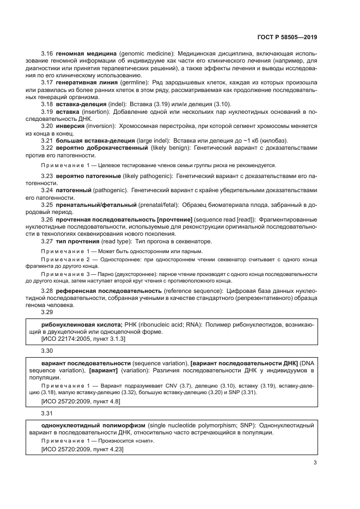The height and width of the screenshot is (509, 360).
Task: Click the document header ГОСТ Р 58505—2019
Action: click(287, 38)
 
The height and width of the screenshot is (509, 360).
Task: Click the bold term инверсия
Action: click(70, 126)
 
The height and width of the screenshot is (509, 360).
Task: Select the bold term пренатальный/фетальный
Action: click(96, 204)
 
